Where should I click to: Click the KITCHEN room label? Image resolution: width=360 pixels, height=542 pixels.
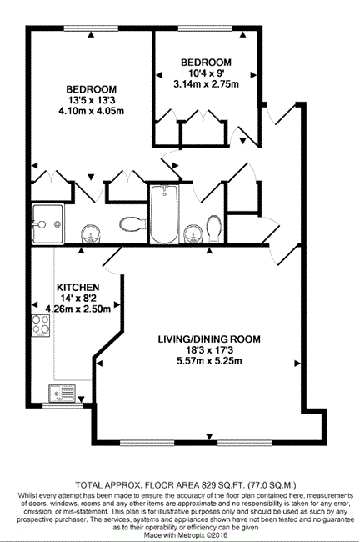tap(77, 287)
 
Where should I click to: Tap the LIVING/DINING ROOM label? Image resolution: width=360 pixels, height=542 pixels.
tap(209, 339)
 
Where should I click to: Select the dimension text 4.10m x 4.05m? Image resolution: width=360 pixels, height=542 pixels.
tap(91, 111)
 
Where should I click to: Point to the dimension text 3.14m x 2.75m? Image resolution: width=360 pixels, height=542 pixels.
tap(207, 84)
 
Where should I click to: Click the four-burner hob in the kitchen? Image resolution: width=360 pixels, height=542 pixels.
tap(41, 325)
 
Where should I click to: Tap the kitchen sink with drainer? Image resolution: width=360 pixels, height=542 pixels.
tap(62, 394)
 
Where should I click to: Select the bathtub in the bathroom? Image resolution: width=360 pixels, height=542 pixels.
tap(164, 214)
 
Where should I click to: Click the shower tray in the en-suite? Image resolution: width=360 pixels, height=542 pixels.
tap(47, 224)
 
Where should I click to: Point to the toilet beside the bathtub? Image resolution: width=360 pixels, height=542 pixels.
tap(214, 228)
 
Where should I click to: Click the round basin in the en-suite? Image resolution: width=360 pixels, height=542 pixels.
tap(91, 233)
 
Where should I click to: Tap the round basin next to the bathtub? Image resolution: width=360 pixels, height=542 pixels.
tap(192, 233)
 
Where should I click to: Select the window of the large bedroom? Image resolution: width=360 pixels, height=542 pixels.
tap(91, 28)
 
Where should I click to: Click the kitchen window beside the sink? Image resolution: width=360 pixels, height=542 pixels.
tap(62, 405)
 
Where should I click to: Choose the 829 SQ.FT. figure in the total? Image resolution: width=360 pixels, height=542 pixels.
tap(221, 484)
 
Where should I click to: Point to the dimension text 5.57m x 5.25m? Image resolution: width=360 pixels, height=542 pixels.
tap(209, 361)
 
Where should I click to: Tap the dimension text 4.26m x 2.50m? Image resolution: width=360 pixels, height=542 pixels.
tap(78, 309)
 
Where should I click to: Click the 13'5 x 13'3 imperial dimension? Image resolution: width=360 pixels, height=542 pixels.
tap(91, 101)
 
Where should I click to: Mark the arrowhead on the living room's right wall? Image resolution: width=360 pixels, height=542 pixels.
tap(297, 364)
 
